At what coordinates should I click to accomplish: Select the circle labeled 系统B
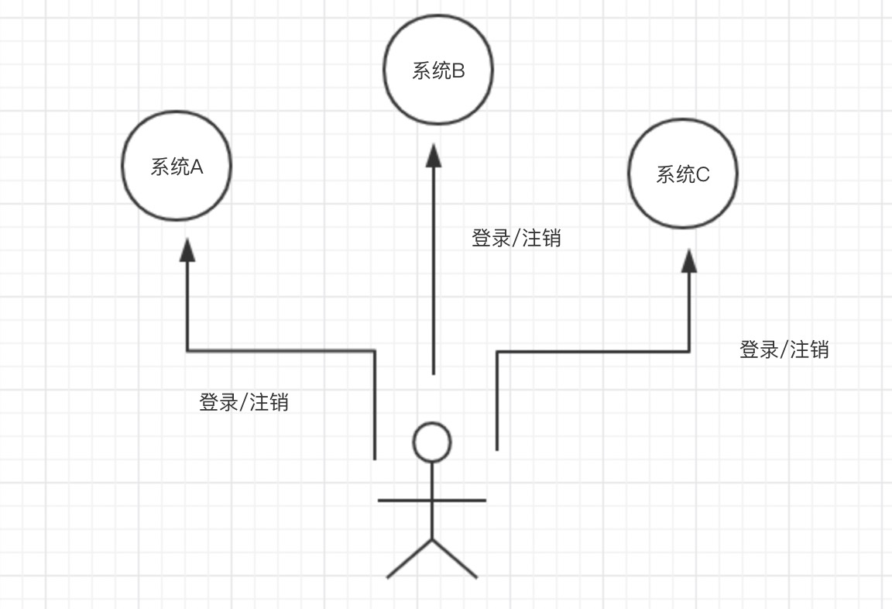pos(438,97)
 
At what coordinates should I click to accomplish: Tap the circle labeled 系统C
pos(683,201)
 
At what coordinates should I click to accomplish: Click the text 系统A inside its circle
pos(177,167)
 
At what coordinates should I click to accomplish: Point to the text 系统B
pos(438,71)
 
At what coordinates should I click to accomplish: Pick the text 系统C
pos(683,174)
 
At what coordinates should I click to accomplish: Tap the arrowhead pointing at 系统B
pos(434,157)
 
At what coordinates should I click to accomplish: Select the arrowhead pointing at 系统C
pos(689,260)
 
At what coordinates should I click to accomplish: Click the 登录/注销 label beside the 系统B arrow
pos(516,238)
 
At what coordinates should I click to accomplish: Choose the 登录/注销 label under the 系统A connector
pos(244,402)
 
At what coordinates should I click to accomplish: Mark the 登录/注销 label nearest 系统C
pos(784,349)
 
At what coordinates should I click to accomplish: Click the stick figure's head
pos(432,442)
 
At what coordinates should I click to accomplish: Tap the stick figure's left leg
pos(410,559)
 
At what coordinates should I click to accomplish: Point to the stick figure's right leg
pos(455,559)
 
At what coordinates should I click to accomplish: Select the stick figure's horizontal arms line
pos(432,501)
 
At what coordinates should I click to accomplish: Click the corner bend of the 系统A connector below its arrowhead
pos(187,351)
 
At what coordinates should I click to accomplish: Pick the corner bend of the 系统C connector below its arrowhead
pos(689,352)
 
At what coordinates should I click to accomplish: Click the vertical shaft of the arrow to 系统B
pos(434,271)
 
